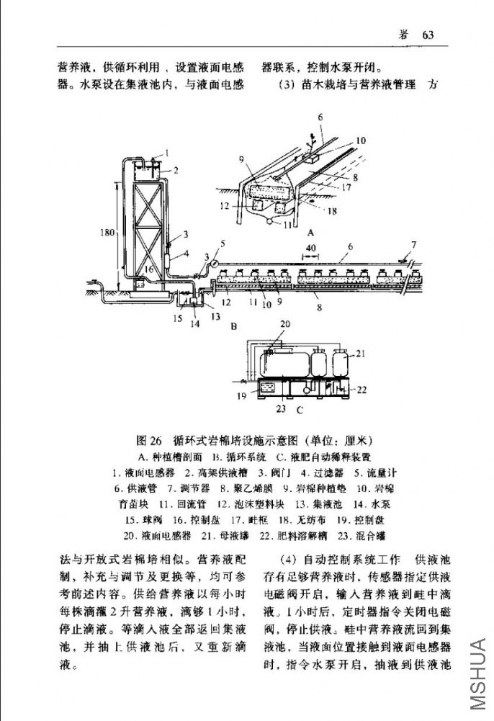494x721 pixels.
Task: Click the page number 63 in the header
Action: (x=430, y=35)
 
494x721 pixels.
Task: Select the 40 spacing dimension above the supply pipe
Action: (x=310, y=248)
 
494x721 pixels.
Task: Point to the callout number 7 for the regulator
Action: (x=413, y=245)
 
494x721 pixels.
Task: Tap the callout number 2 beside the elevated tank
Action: (x=175, y=170)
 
